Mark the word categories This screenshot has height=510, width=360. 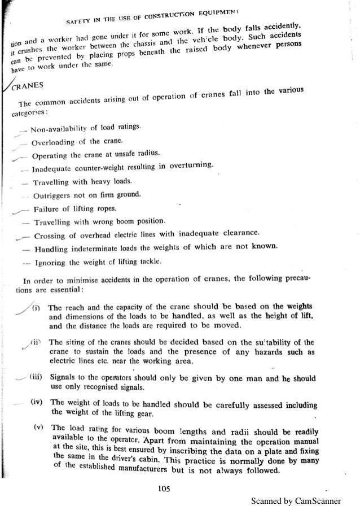tap(28, 112)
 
